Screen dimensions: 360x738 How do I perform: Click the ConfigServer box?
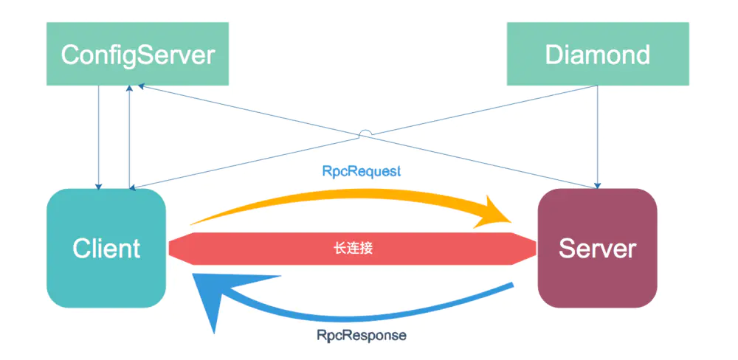tap(137, 53)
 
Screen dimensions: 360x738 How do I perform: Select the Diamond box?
tap(598, 53)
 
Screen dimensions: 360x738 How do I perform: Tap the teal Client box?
tap(106, 248)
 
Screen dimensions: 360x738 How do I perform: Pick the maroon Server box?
tap(597, 248)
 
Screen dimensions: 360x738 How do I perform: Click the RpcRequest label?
tap(362, 171)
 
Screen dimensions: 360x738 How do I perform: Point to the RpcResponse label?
tap(362, 335)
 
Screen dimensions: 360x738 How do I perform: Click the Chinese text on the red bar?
tap(352, 248)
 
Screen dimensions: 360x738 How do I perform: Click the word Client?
tap(106, 248)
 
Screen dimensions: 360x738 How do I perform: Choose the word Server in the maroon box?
tap(597, 248)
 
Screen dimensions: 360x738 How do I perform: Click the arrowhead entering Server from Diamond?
tap(597, 184)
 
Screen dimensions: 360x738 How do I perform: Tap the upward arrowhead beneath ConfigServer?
tap(130, 89)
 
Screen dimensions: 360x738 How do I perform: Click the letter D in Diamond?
tap(554, 55)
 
